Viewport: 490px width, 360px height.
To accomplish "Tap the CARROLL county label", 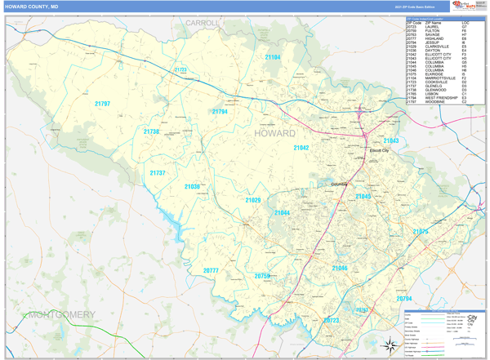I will point(203,24).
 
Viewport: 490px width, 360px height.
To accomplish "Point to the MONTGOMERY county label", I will point(60,314).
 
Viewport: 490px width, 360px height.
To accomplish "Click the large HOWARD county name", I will point(274,133).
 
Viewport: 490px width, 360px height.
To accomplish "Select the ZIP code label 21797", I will point(102,104).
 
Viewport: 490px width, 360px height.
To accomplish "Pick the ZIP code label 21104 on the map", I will point(273,57).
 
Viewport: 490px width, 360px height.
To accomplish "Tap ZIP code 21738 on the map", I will point(152,131).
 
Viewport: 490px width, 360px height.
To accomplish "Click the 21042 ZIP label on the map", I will point(301,148).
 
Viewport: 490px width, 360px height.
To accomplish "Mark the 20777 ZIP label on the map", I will point(211,270).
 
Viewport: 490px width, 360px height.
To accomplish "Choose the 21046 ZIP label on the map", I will point(340,268).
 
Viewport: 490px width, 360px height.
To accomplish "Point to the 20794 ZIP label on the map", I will point(403,299).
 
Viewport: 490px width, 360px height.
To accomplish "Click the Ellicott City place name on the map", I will point(380,151).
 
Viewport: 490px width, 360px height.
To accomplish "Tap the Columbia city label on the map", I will point(338,184).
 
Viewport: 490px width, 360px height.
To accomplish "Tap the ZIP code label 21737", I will point(158,173).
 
